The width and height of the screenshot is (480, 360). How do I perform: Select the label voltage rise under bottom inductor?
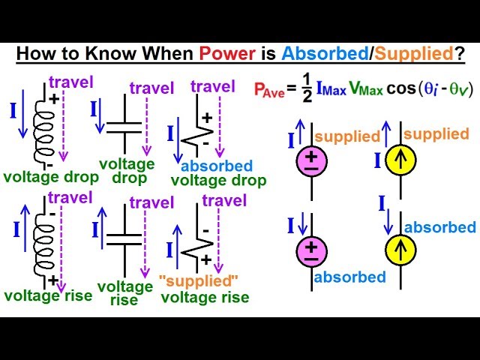(x=48, y=295)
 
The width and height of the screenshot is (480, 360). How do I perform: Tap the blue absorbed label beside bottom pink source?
(x=350, y=277)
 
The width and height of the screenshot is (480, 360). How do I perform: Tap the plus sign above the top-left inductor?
(x=55, y=98)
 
